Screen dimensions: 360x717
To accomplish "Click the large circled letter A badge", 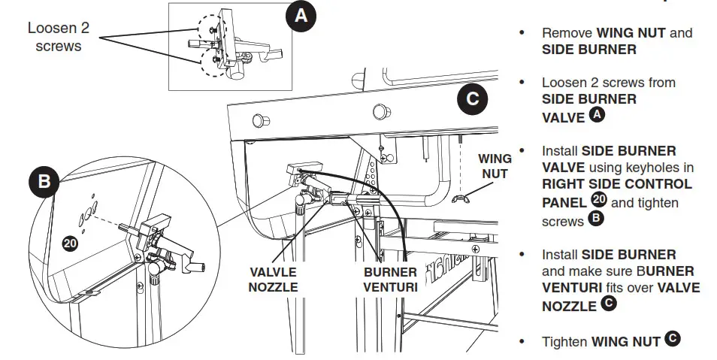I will (x=301, y=17).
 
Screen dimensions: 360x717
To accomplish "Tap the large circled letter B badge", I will (x=45, y=181).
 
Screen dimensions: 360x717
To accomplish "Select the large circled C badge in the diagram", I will (x=472, y=98).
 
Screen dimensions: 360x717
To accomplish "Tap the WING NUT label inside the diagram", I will (x=495, y=166).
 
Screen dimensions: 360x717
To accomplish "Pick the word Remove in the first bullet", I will (x=567, y=33).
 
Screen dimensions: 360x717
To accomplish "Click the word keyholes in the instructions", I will (x=666, y=167).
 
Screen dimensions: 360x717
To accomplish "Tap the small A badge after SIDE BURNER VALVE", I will (x=597, y=115).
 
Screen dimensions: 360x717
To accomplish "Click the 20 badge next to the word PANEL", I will (x=598, y=201).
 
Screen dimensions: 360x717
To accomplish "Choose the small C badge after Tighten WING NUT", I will (x=672, y=340).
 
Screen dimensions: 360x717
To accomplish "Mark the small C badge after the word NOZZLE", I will (x=609, y=305).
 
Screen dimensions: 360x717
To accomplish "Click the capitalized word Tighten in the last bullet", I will (x=564, y=341).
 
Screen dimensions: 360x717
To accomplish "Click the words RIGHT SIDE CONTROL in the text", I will (x=616, y=183).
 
